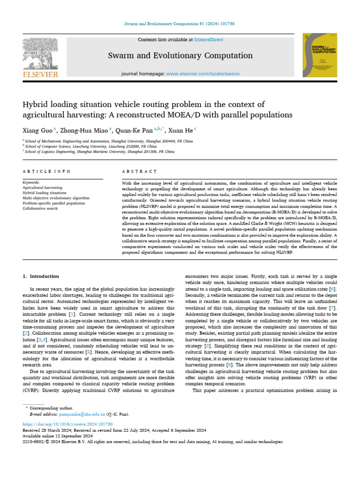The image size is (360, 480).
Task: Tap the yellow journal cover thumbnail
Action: click(320, 55)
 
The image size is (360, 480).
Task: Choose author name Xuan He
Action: click(180, 130)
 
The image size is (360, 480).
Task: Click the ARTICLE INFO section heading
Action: click(47, 172)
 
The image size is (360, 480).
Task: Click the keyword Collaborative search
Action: click(40, 208)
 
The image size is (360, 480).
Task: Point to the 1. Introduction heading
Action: click(41, 276)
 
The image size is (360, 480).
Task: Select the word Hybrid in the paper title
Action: click(37, 104)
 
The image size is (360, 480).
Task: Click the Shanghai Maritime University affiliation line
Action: click(99, 152)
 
